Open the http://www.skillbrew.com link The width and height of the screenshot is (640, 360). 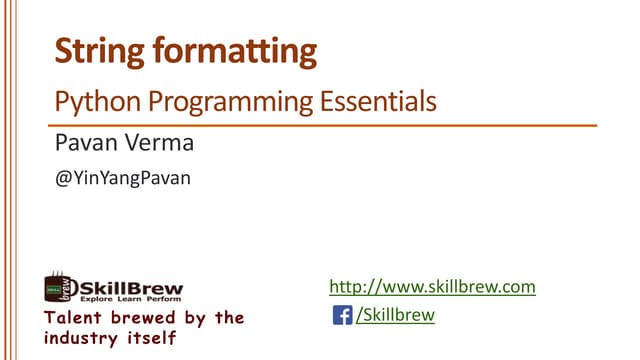[432, 288]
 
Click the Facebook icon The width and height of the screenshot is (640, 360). [342, 316]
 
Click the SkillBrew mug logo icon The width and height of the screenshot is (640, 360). [58, 289]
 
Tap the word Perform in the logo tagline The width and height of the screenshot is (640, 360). [163, 299]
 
